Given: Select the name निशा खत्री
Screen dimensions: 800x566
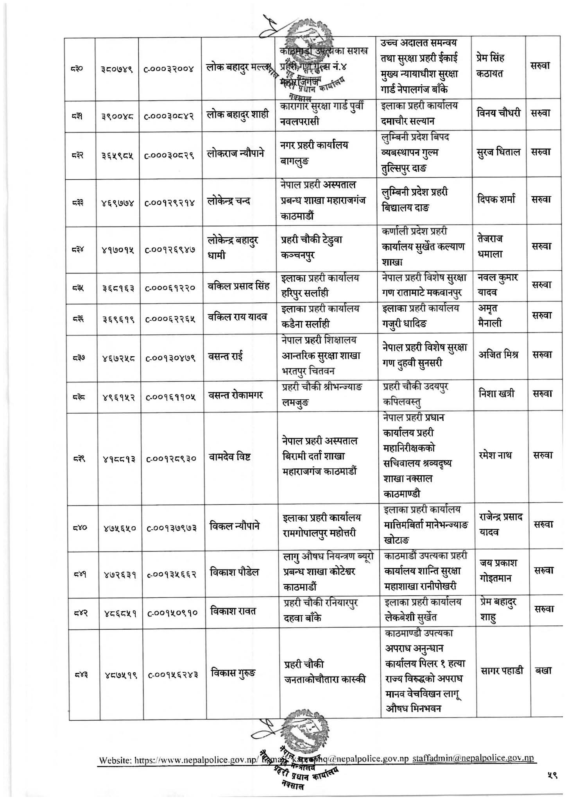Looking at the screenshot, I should (496, 393).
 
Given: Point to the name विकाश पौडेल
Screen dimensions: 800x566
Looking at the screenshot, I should (235, 573).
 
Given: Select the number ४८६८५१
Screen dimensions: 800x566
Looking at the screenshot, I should (118, 613).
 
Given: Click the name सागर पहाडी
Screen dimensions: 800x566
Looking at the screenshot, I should (502, 671).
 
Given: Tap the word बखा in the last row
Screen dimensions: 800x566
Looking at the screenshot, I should (543, 671).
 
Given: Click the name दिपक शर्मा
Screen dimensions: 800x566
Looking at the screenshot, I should (496, 199).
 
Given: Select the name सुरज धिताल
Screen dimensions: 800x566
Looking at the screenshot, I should (498, 152).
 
